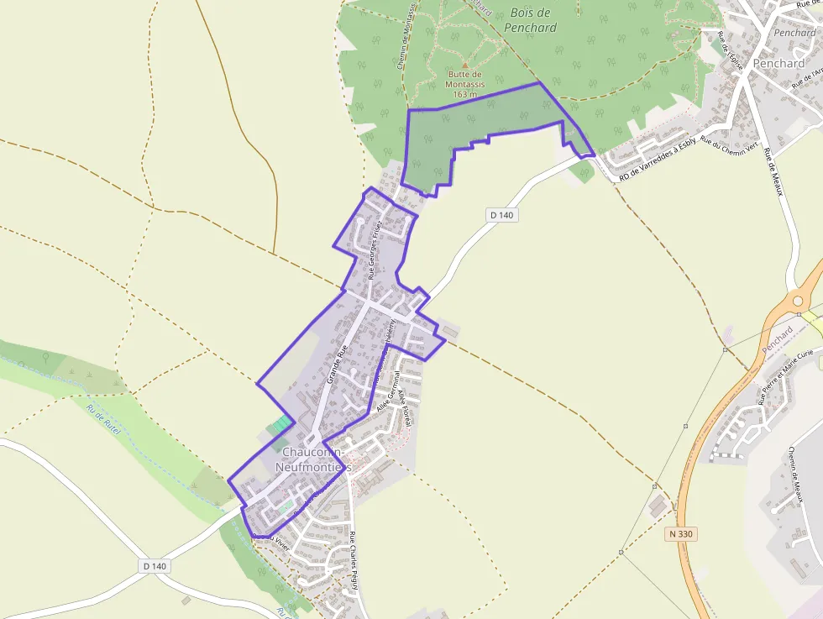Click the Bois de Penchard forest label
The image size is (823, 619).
click(530, 20)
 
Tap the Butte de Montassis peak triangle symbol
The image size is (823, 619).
click(464, 63)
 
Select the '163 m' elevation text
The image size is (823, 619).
click(464, 94)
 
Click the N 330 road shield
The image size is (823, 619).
click(683, 533)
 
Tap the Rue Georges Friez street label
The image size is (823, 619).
click(375, 249)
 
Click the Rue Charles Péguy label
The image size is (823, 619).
click(354, 561)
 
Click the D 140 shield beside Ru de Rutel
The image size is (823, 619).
click(155, 566)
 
